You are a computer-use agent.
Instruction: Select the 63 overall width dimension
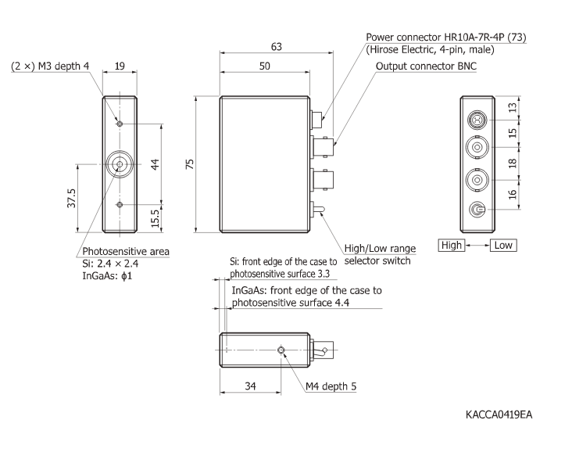click(x=277, y=47)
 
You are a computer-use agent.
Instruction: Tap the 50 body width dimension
click(x=265, y=67)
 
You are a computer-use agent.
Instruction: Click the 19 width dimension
click(x=120, y=67)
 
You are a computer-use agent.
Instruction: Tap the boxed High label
click(x=452, y=245)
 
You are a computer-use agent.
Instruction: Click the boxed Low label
click(x=503, y=245)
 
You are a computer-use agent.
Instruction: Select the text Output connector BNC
click(x=426, y=66)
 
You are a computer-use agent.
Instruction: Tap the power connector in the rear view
click(x=477, y=120)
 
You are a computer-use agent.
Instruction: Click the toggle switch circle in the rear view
click(x=477, y=210)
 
